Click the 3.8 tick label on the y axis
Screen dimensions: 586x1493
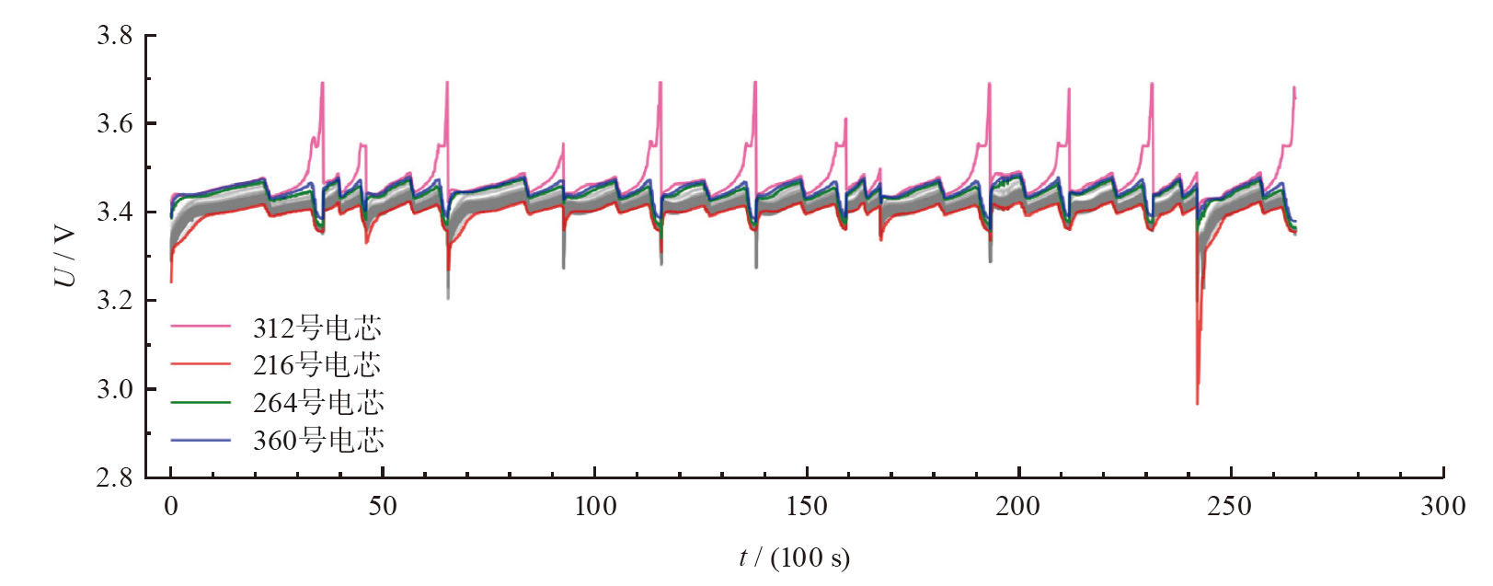pos(114,36)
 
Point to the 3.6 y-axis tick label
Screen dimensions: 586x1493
pos(114,124)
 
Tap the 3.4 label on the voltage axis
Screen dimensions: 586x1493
pos(114,213)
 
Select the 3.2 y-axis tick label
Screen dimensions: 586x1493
pos(114,301)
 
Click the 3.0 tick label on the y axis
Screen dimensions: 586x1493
pos(114,389)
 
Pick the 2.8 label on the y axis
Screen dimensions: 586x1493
pos(114,477)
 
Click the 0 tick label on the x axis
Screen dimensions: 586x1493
pos(171,506)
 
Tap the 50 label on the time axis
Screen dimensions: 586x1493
pos(383,506)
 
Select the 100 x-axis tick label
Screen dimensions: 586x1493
pos(595,506)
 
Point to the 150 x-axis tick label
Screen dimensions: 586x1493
pos(807,506)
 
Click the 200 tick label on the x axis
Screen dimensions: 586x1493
pos(1018,506)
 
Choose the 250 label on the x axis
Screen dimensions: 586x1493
pos(1230,506)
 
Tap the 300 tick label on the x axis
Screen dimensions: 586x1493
pos(1442,506)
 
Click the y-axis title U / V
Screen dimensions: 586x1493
pos(65,257)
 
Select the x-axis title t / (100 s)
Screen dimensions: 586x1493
pos(794,557)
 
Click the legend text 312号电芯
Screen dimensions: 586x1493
pos(317,327)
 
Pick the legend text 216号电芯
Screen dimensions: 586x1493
pos(317,365)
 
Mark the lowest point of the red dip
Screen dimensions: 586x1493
pos(1197,403)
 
